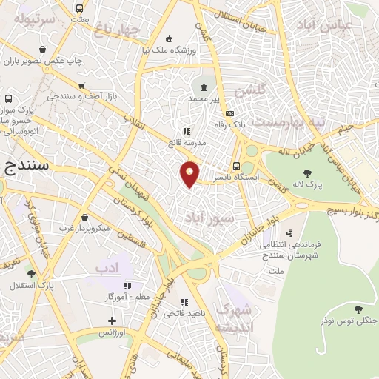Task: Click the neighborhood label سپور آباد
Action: (x=212, y=219)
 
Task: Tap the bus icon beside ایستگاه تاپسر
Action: (x=236, y=166)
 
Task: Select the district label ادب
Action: (x=110, y=266)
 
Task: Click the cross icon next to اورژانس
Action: (x=112, y=321)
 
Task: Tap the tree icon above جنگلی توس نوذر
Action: (x=359, y=309)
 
